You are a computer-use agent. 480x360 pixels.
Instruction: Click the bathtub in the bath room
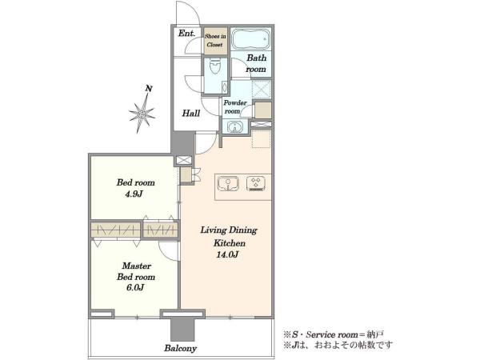pyautogui.click(x=250, y=39)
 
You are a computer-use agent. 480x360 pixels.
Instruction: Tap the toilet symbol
pyautogui.click(x=215, y=66)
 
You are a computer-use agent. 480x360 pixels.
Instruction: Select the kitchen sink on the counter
pyautogui.click(x=228, y=184)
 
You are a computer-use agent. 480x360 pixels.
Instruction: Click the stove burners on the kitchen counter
pyautogui.click(x=256, y=184)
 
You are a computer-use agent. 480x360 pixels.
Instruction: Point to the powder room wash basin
pyautogui.click(x=234, y=126)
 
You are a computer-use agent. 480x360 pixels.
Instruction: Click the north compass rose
pyautogui.click(x=142, y=114)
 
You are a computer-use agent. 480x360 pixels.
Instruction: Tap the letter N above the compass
pyautogui.click(x=149, y=89)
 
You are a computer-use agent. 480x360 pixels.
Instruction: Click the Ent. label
pyautogui.click(x=186, y=33)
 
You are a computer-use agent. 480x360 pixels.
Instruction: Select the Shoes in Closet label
pyautogui.click(x=215, y=40)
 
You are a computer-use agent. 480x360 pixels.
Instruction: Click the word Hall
pyautogui.click(x=191, y=114)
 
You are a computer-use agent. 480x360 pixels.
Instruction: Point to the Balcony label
pyautogui.click(x=180, y=348)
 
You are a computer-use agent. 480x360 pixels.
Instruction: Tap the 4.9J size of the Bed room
pyautogui.click(x=134, y=194)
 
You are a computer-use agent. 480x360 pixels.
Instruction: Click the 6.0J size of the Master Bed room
pyautogui.click(x=135, y=287)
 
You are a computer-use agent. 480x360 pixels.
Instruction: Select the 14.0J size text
pyautogui.click(x=227, y=254)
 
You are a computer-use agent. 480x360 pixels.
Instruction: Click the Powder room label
pyautogui.click(x=234, y=107)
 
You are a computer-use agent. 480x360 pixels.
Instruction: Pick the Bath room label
pyautogui.click(x=256, y=63)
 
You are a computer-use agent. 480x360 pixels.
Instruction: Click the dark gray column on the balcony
pyautogui.click(x=182, y=330)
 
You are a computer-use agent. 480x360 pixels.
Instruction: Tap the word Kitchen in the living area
pyautogui.click(x=230, y=243)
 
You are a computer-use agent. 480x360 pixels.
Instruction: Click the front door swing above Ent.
pyautogui.click(x=188, y=14)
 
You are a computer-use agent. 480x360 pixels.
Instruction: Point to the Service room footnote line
pyautogui.click(x=334, y=334)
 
